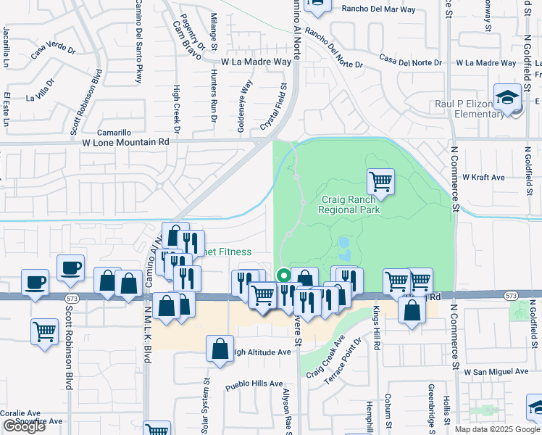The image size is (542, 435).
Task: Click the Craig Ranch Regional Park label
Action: [349, 204]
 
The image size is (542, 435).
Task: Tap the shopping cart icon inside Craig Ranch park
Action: [380, 181]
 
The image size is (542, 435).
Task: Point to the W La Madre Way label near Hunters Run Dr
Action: [257, 62]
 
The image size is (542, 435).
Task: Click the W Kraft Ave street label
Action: [487, 177]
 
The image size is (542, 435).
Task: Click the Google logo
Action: [23, 426]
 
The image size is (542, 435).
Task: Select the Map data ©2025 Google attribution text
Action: [497, 429]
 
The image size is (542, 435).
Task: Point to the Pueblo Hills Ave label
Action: [253, 384]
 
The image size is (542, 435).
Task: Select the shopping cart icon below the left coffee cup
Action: [44, 331]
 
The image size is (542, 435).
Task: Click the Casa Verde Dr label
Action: [53, 51]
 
